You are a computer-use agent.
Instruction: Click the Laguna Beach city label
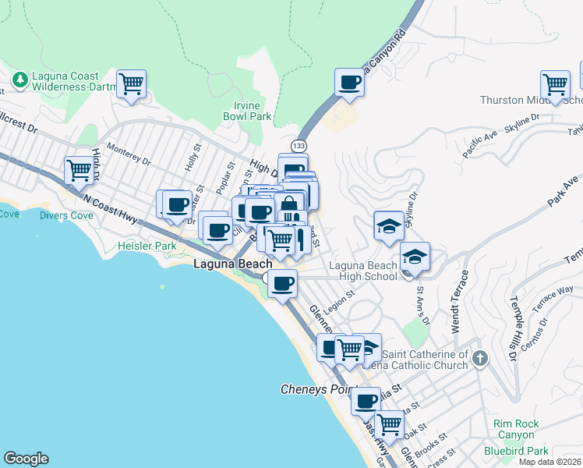[232, 264]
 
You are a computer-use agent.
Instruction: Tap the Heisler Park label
[147, 246]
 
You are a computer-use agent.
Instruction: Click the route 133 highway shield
[298, 146]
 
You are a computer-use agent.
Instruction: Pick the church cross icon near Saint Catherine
[479, 359]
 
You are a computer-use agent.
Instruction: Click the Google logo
[26, 459]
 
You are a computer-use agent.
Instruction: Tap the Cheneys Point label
[316, 388]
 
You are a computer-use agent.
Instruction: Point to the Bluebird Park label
[515, 450]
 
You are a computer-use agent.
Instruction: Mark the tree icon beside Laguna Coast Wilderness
[19, 80]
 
